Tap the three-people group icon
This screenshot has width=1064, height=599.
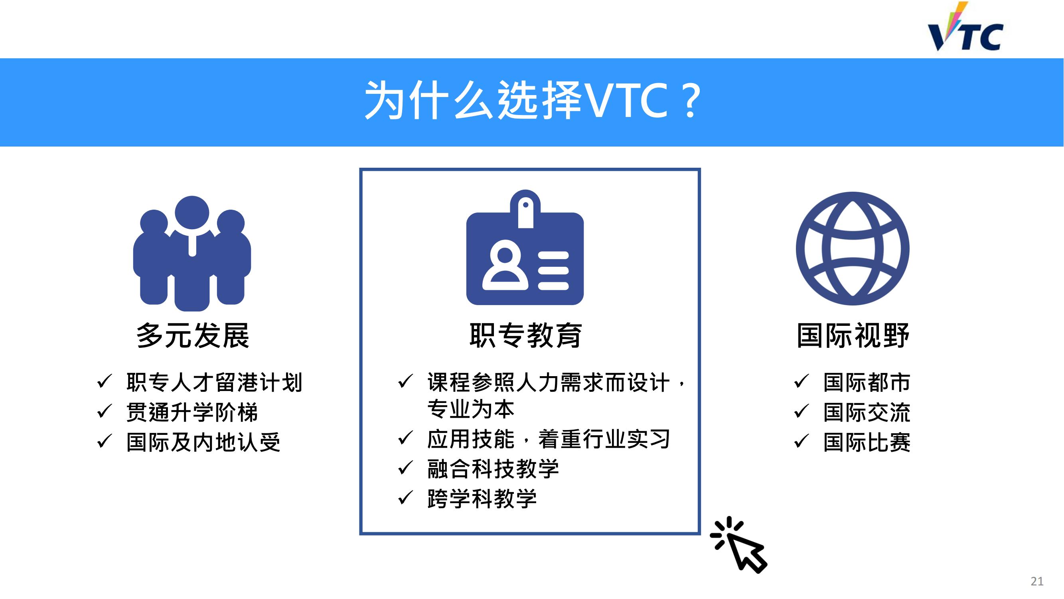pyautogui.click(x=192, y=254)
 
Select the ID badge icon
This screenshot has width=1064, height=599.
pyautogui.click(x=525, y=247)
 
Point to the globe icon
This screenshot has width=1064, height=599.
pyautogui.click(x=853, y=248)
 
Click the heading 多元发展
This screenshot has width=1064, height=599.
pyautogui.click(x=193, y=335)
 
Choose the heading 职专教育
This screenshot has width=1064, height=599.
pyautogui.click(x=526, y=335)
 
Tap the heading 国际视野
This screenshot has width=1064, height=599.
pyautogui.click(x=853, y=335)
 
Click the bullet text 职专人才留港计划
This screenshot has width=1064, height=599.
pyautogui.click(x=214, y=383)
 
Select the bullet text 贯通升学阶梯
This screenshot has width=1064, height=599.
pyautogui.click(x=192, y=413)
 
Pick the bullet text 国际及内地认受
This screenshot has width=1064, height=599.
pyautogui.click(x=203, y=442)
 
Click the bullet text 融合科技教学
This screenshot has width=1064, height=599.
pyautogui.click(x=493, y=469)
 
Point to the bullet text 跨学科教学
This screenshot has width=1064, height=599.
pyautogui.click(x=482, y=498)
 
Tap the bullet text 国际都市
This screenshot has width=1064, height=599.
pyautogui.click(x=867, y=383)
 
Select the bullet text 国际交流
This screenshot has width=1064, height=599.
pyautogui.click(x=867, y=413)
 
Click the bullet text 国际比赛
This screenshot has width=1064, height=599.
pyautogui.click(x=867, y=442)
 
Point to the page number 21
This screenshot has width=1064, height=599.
pyautogui.click(x=1037, y=581)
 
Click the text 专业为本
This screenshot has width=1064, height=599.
pyautogui.click(x=471, y=409)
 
